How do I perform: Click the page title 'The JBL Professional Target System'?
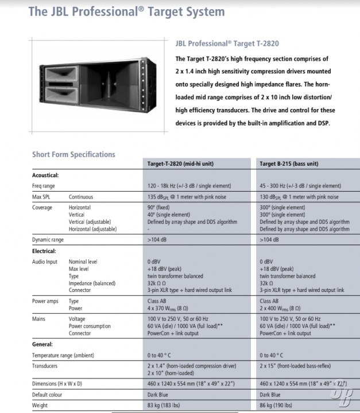click(x=126, y=12)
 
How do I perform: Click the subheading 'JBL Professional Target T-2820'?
click(x=227, y=44)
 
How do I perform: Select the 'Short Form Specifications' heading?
click(x=73, y=154)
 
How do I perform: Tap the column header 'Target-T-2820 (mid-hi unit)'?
click(x=181, y=164)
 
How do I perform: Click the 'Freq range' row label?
click(x=44, y=186)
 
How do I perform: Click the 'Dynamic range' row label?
click(x=48, y=239)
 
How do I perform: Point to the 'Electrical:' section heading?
click(x=44, y=251)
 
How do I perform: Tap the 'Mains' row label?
click(x=39, y=319)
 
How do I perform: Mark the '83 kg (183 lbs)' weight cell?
click(x=165, y=406)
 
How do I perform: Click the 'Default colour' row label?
click(x=49, y=395)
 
